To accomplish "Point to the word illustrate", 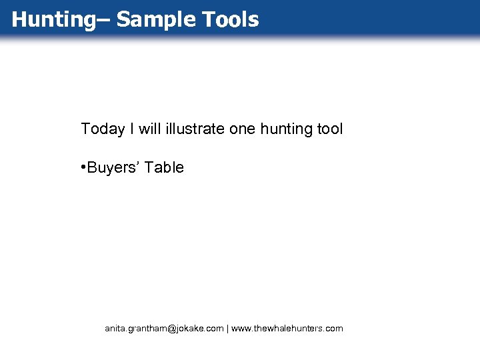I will pyautogui.click(x=194, y=129).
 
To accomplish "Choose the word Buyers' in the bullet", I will pyautogui.click(x=113, y=167).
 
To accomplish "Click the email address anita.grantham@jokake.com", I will pyautogui.click(x=164, y=329).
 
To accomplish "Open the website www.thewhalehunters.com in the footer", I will pyautogui.click(x=287, y=329).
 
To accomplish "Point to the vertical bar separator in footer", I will pyautogui.click(x=228, y=329).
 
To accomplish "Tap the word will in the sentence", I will pyautogui.click(x=149, y=129).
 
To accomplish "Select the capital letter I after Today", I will pyautogui.click(x=132, y=129).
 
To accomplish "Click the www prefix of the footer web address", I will pyautogui.click(x=241, y=329).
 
